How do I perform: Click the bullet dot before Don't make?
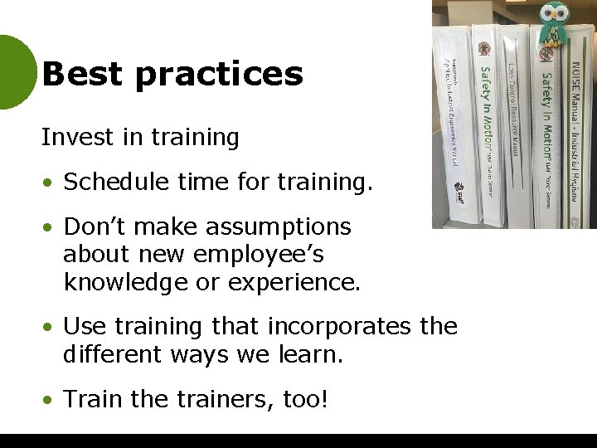51,226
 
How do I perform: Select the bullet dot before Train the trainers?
51,400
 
